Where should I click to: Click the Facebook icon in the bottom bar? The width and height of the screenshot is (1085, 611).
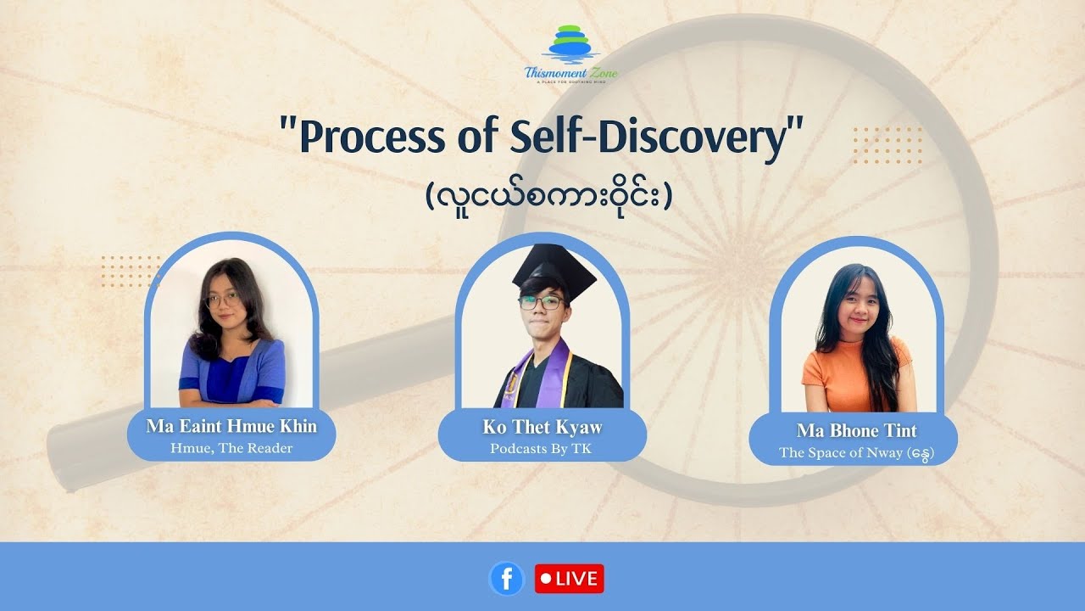pos(507,579)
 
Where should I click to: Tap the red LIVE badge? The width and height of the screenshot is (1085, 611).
pos(570,579)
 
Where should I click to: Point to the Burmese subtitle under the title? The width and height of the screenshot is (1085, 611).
pos(548,197)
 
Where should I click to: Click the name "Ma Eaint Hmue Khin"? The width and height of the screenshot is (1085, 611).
pos(231,426)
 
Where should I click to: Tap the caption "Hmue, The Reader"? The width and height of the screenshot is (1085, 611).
pos(231,448)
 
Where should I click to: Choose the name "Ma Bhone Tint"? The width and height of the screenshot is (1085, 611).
pos(856,431)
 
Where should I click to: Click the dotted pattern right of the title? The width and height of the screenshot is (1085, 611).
pos(887,145)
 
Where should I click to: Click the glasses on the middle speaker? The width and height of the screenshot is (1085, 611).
pos(542,301)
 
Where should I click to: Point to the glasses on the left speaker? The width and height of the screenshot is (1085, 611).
pos(223,300)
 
